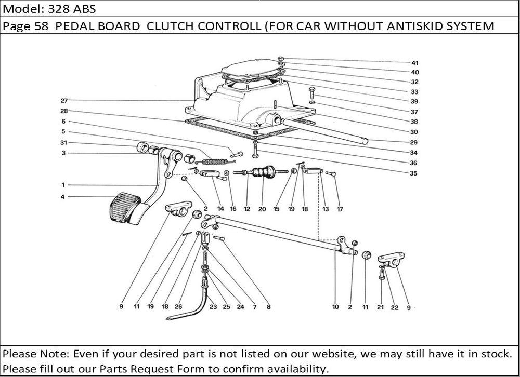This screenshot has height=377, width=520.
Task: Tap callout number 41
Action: tap(415, 63)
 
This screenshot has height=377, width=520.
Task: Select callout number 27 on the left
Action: tap(64, 100)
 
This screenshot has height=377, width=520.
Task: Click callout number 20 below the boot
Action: tap(262, 209)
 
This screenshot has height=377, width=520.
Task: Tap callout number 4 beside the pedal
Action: tap(63, 197)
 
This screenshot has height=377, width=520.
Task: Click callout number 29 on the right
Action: tap(413, 142)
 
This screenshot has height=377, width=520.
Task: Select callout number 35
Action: tap(413, 173)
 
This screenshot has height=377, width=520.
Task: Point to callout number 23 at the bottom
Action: tap(212, 307)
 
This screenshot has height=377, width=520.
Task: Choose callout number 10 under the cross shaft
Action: tap(335, 307)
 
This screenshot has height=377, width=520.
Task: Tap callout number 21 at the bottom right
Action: tap(380, 307)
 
